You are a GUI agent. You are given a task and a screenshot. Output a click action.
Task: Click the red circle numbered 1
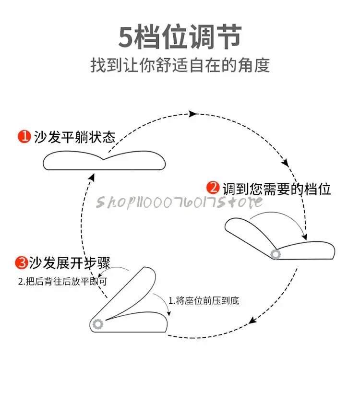pos(24,137)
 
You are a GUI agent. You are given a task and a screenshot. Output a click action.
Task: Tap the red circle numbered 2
pos(213,188)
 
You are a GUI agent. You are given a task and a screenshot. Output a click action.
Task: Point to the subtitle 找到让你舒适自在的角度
pos(180,65)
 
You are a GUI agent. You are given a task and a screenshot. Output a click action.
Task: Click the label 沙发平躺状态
pos(74,137)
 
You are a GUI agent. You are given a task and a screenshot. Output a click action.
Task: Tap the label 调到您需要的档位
pos(276,189)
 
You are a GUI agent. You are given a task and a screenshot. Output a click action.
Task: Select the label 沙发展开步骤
pos(70,263)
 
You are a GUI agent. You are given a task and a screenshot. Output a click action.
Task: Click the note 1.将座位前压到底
pos(204,301)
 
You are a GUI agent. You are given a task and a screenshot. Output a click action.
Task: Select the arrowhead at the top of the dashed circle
pos(193,114)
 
